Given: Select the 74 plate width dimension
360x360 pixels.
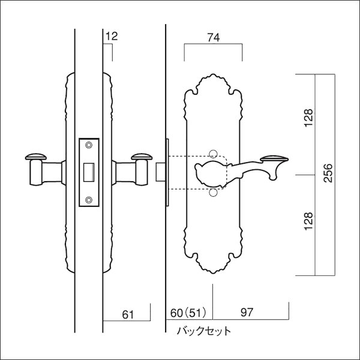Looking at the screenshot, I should (212, 37).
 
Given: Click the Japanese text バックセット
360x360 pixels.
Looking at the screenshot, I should (203, 330).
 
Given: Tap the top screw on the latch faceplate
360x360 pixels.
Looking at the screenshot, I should (89, 145).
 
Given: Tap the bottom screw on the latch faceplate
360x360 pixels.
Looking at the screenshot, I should (89, 200).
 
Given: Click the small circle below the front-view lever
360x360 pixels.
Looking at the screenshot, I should (213, 193).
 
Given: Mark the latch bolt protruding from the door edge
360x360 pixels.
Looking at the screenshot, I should (161, 170).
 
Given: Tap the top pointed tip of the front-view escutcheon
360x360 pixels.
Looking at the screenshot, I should (212, 77).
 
